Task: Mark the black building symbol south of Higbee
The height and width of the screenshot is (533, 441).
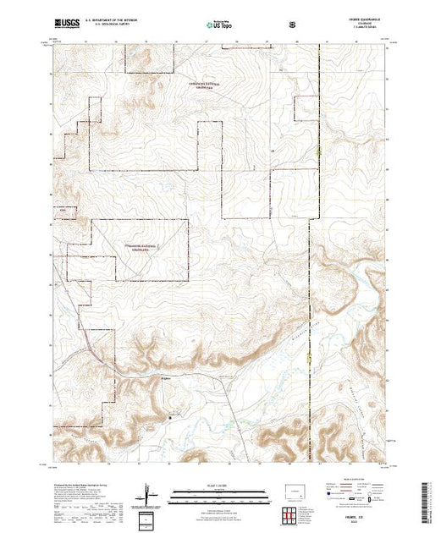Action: pyautogui.click(x=171, y=415)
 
